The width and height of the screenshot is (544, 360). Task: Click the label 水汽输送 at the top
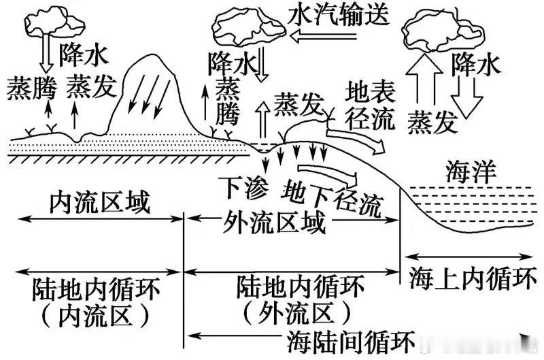coord(339,14)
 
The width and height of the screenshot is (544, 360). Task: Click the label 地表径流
coord(370,105)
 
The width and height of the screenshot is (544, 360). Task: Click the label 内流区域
coord(99,202)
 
